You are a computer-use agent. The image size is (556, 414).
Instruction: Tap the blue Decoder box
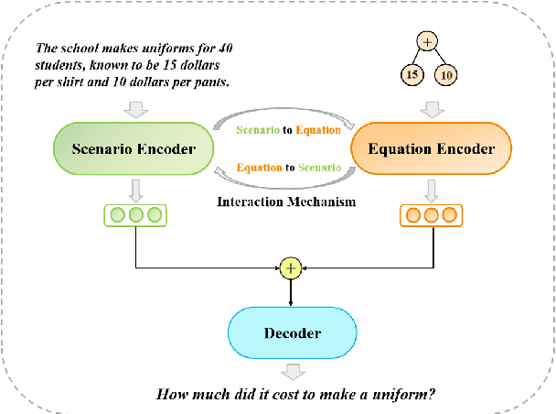coord(292,333)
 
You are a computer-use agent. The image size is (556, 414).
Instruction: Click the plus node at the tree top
coord(428,41)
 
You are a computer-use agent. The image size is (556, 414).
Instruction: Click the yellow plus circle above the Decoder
coord(291,268)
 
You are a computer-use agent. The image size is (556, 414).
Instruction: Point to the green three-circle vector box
coord(134,216)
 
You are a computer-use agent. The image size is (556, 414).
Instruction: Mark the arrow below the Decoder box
coord(293,371)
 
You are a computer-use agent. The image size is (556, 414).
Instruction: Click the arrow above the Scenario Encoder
coord(134,108)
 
